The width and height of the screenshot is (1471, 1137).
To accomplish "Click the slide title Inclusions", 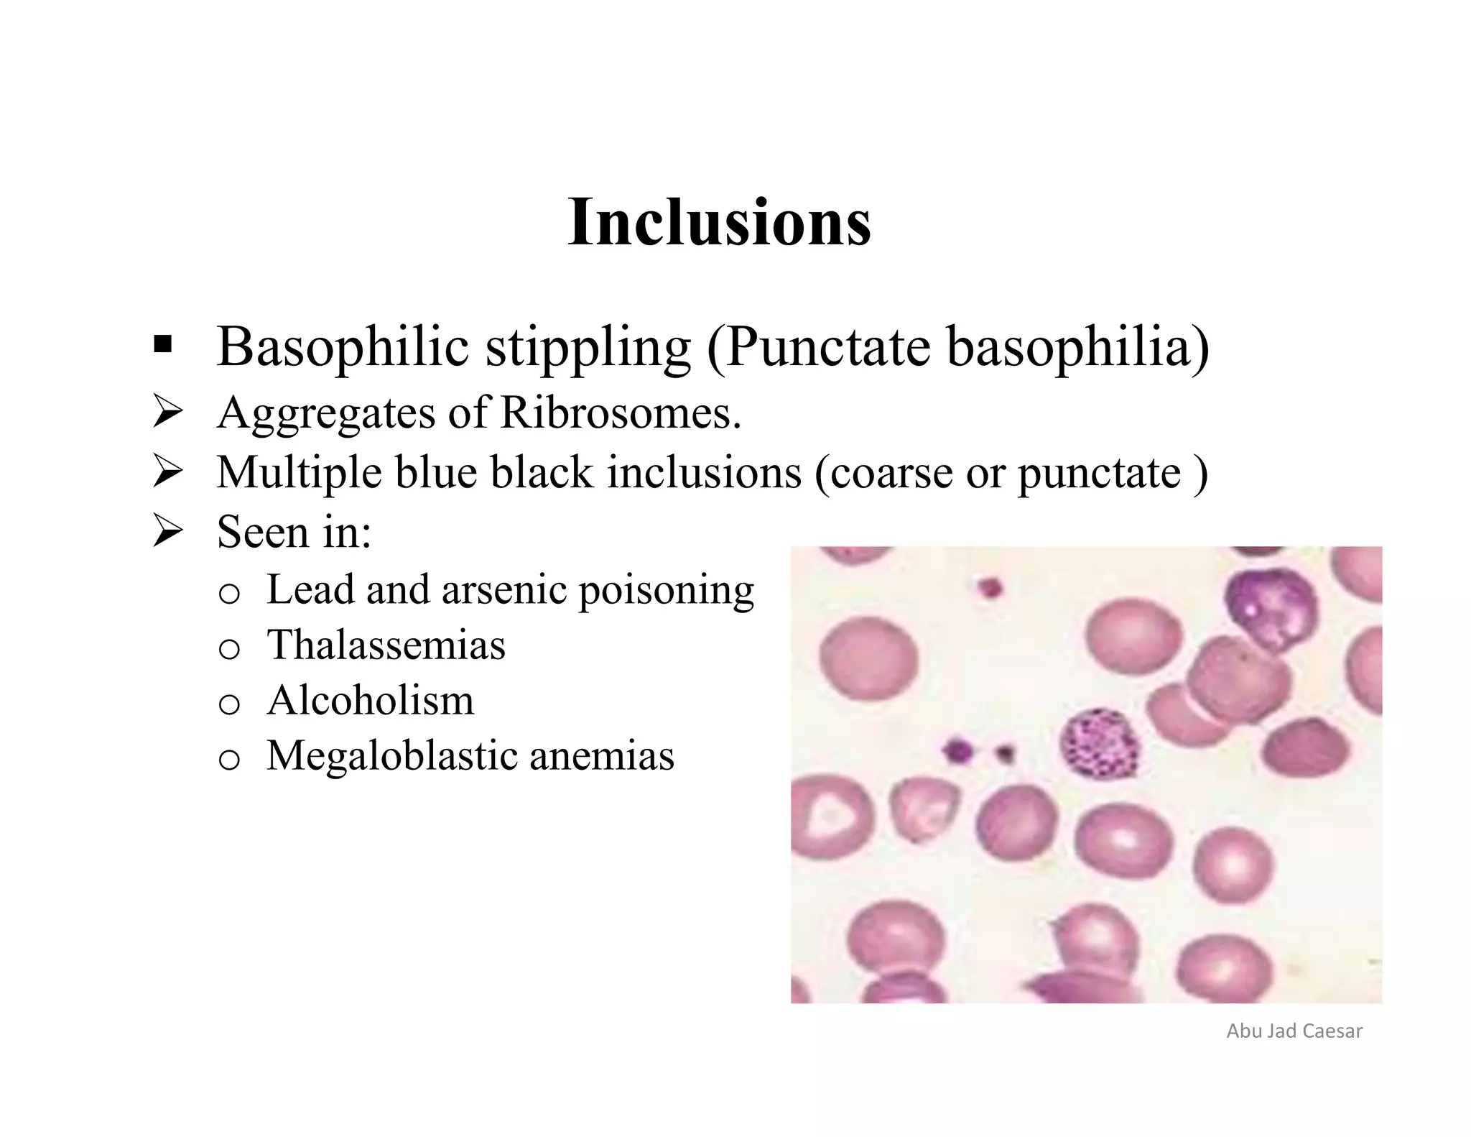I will pos(719,222).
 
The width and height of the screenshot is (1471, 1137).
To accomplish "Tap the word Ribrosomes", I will pos(620,413).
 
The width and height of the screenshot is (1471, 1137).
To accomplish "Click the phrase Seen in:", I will pos(294,533).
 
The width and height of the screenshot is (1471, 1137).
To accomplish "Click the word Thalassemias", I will pos(386,645).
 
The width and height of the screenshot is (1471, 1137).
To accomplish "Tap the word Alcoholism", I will pos(370,700).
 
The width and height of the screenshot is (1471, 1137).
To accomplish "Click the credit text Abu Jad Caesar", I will pos(1294,1031).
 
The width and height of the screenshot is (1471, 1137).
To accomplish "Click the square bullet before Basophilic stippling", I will pos(162,346).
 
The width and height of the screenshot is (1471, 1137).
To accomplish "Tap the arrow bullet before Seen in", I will pos(169,533).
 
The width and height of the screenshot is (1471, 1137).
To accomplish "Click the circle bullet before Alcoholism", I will pos(228,704).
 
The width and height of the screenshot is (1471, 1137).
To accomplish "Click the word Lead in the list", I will pos(310,589).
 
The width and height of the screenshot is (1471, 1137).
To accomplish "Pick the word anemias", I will pos(601,756).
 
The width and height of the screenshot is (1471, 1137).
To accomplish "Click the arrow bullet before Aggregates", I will pos(169,414).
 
